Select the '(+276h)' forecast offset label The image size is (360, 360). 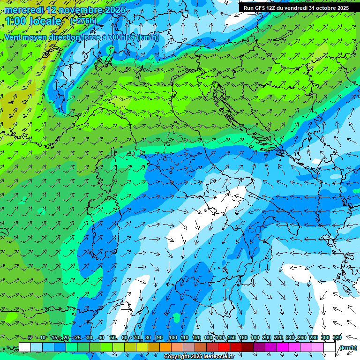pyautogui.click(x=83, y=21)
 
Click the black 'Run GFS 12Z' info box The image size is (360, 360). pyautogui.click(x=296, y=8)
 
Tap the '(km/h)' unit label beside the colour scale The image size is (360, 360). pyautogui.click(x=347, y=348)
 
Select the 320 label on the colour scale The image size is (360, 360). pyautogui.click(x=337, y=338)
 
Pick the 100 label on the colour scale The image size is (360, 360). pyautogui.click(x=172, y=338)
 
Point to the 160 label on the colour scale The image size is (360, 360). pyautogui.click(x=243, y=338)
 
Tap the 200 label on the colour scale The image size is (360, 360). pyautogui.click(x=266, y=338)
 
